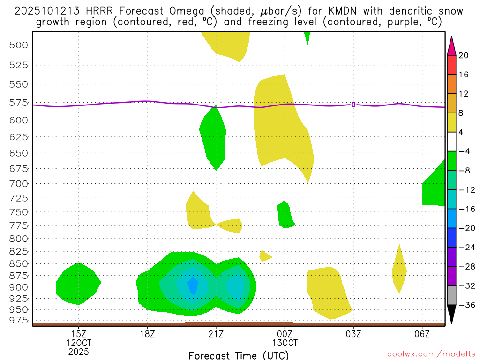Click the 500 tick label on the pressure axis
(x=18, y=45)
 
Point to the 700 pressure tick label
(x=18, y=183)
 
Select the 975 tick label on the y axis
(x=18, y=320)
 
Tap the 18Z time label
(x=147, y=334)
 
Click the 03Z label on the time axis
(x=353, y=334)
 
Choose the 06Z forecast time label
(x=422, y=334)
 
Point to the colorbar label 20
(x=463, y=55)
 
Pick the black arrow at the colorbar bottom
(x=451, y=315)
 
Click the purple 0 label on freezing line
(x=353, y=105)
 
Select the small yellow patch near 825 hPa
(x=264, y=255)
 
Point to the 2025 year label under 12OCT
(x=79, y=351)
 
